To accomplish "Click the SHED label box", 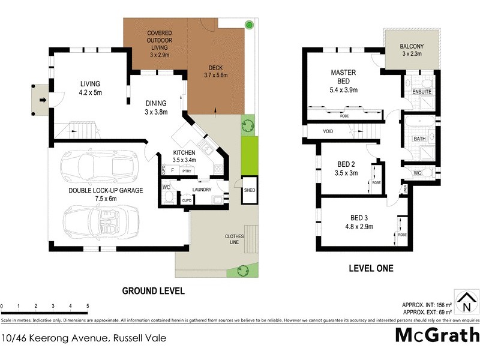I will click(249, 190).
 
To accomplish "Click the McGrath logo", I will click(437, 334).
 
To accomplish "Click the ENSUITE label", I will click(421, 91).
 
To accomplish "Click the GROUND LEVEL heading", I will click(153, 291).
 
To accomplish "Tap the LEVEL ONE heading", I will click(371, 268).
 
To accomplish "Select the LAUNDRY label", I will click(202, 190).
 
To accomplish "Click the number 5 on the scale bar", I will click(88, 307).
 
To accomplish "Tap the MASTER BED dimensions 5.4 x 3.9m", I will click(343, 90).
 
